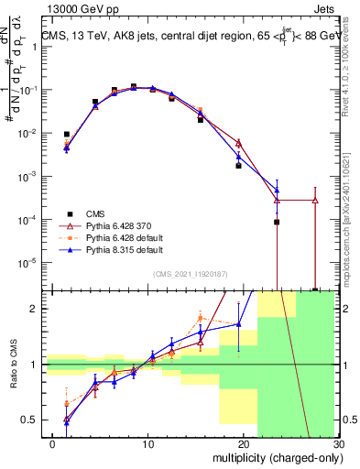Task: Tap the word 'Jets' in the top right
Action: coord(326,9)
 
